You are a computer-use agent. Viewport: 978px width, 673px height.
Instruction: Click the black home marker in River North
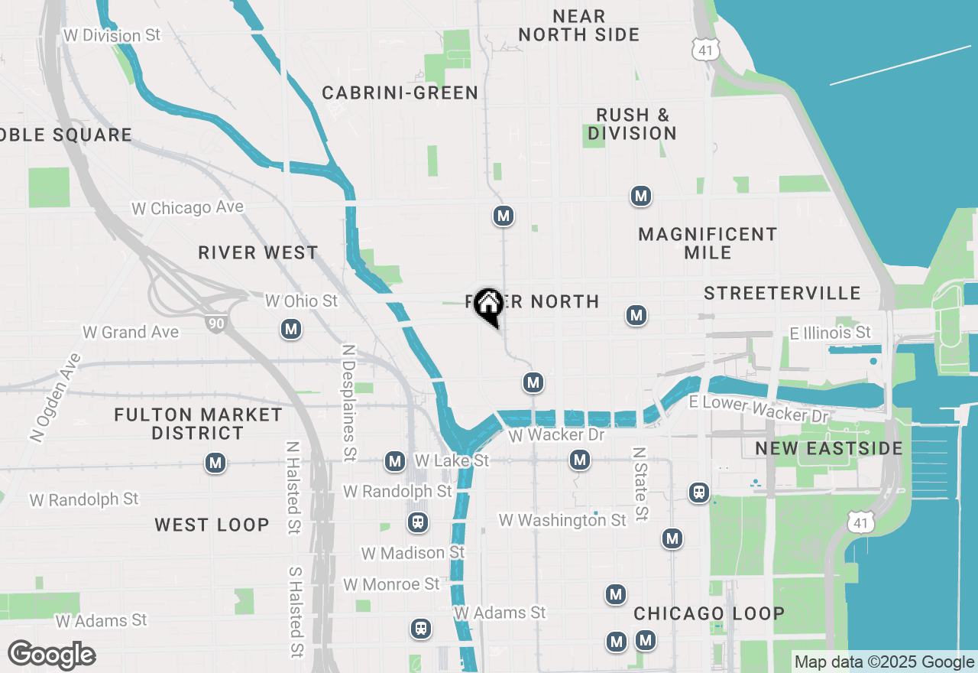488,306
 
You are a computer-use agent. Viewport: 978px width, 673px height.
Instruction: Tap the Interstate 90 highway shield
216,323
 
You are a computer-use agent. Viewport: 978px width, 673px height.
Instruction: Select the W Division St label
112,36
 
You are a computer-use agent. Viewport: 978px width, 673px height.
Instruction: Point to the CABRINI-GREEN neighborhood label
400,93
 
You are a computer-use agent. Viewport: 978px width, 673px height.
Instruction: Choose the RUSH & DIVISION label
632,124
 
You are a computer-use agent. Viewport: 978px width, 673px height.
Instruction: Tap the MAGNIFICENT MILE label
708,243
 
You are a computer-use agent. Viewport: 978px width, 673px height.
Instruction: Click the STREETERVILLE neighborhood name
782,294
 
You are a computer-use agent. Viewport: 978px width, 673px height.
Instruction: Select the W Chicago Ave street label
187,208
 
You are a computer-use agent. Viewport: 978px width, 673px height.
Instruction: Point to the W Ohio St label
301,301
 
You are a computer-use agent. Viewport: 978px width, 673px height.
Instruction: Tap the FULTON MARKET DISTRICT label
198,424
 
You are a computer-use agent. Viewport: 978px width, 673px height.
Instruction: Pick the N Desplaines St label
349,402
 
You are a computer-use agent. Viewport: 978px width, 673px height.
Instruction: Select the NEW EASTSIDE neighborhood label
829,448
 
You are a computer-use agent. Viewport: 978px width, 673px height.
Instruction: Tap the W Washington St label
562,521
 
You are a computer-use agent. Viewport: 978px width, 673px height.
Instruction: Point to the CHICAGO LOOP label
709,613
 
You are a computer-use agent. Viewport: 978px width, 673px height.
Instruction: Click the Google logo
51,655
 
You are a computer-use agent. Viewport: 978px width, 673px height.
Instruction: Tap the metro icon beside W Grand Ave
290,330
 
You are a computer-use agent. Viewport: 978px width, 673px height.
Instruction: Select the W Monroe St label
391,584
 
